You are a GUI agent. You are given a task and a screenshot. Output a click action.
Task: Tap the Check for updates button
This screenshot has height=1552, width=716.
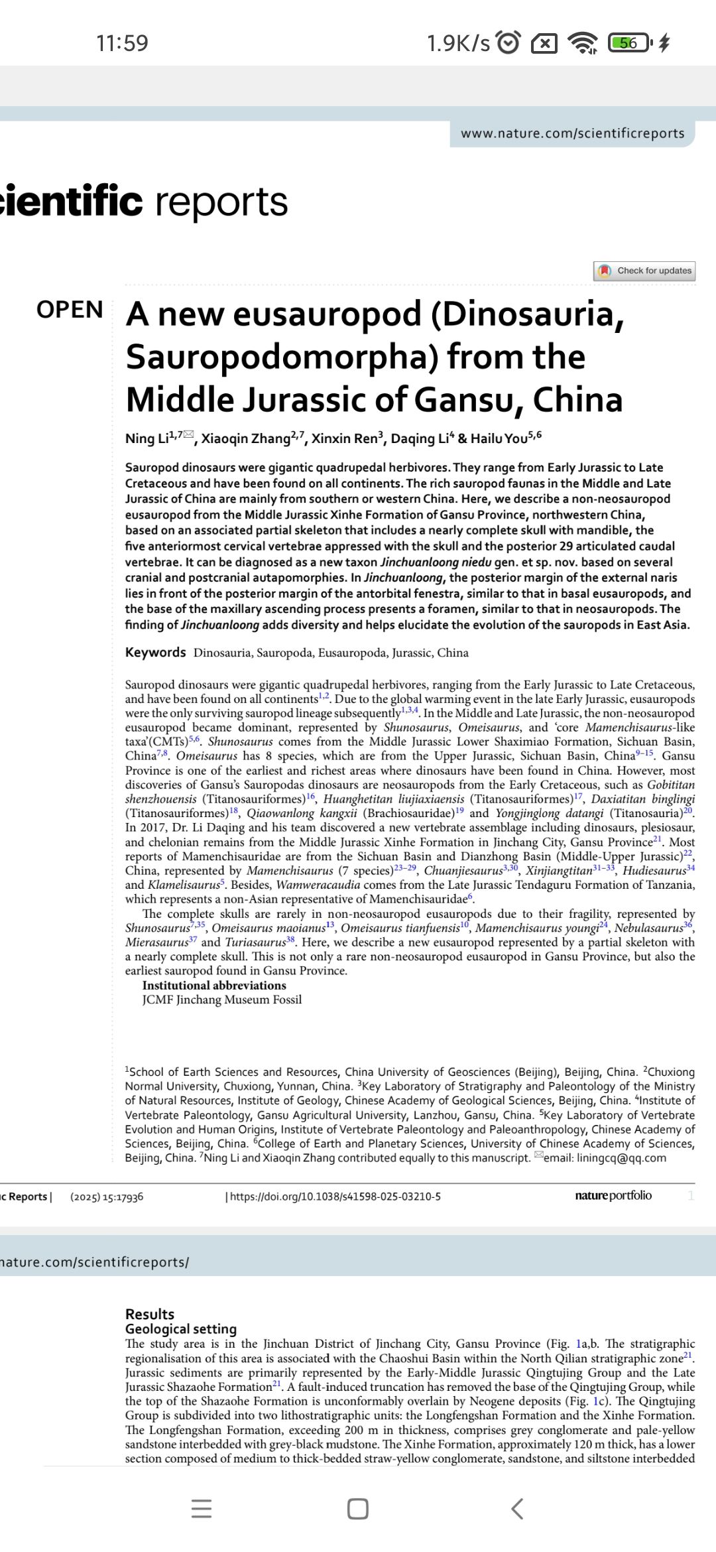coord(644,271)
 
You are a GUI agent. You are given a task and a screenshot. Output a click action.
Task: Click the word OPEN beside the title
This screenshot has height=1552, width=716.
coord(70,310)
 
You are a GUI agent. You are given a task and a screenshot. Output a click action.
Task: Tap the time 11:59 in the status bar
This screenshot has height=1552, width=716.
coord(122,43)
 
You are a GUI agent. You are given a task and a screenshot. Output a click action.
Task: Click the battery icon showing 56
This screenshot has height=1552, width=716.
coord(629,43)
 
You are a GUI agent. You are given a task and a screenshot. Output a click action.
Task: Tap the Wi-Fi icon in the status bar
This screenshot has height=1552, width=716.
coord(583,43)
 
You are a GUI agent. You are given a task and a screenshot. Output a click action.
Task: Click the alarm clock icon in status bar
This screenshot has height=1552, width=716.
coord(508,43)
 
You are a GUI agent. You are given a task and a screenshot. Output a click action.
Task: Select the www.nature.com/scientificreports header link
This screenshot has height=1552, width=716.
coord(572,133)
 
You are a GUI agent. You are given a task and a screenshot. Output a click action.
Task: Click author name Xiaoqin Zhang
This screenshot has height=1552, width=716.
coord(246,438)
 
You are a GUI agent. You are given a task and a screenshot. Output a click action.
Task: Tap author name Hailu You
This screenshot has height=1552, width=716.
coord(499,438)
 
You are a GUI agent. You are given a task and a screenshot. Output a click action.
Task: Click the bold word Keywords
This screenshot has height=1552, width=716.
coord(156,652)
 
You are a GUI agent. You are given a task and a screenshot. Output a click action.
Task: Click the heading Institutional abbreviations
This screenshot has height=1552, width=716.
coord(214,986)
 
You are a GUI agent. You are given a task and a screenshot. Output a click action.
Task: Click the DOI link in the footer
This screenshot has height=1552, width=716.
coord(335,1196)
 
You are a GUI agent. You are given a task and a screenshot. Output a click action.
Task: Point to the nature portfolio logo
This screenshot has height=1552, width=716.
coord(613,1195)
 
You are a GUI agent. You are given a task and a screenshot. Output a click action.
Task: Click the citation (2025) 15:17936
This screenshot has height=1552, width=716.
coord(107,1196)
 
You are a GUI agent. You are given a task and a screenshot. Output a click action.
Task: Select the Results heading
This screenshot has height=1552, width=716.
coord(150,1314)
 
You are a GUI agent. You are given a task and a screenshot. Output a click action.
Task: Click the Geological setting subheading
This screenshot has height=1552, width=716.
coord(181,1328)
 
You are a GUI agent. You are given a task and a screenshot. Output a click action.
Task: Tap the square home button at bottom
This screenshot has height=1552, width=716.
coord(358,1509)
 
